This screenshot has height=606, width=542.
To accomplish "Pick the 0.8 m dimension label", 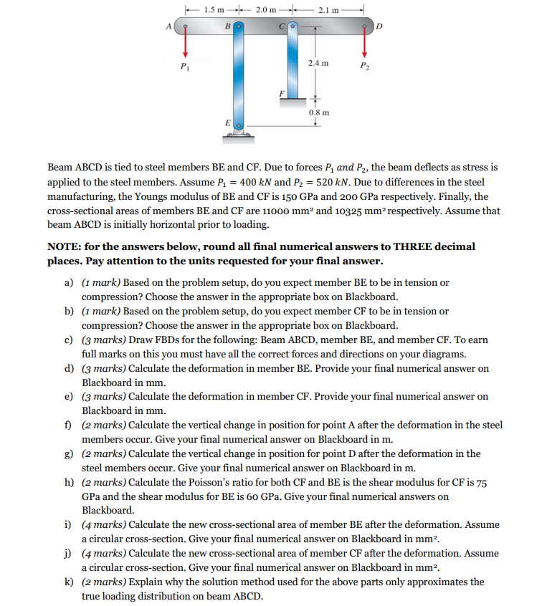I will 320,112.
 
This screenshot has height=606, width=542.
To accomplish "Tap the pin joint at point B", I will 239,27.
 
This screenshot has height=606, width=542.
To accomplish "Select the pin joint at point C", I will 293,27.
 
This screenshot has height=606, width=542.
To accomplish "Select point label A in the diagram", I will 171,27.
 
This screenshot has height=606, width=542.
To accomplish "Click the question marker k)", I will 70,582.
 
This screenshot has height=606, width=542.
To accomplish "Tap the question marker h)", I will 70,482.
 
